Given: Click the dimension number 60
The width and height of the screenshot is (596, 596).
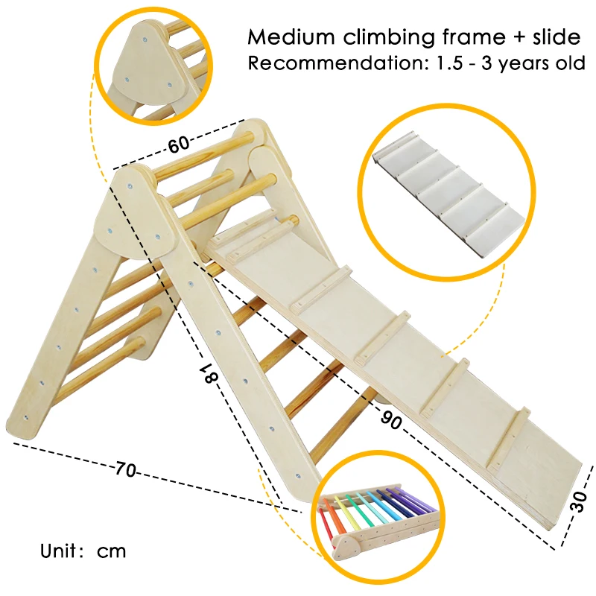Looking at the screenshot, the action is [178, 145].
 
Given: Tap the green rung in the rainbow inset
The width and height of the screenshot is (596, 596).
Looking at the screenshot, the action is [365, 507].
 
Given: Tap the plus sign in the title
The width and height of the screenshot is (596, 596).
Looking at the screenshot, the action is [491, 37].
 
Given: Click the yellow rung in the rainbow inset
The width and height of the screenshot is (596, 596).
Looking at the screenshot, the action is [354, 510].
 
